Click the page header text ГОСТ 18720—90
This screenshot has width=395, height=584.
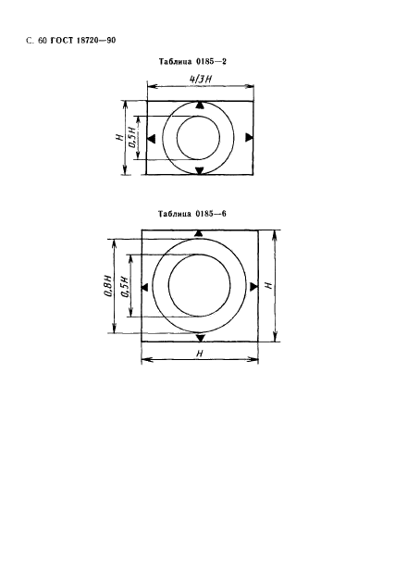[83, 40]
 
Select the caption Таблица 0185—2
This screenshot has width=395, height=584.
[192, 61]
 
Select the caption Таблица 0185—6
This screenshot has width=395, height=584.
[192, 214]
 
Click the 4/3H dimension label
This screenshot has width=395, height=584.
[201, 79]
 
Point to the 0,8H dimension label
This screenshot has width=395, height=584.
[107, 286]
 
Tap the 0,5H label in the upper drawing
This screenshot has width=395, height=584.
[132, 137]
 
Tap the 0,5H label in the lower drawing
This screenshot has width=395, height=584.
[125, 287]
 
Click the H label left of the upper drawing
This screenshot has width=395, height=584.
[119, 137]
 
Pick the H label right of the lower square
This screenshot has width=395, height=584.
[268, 285]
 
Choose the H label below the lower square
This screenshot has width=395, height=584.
[200, 353]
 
